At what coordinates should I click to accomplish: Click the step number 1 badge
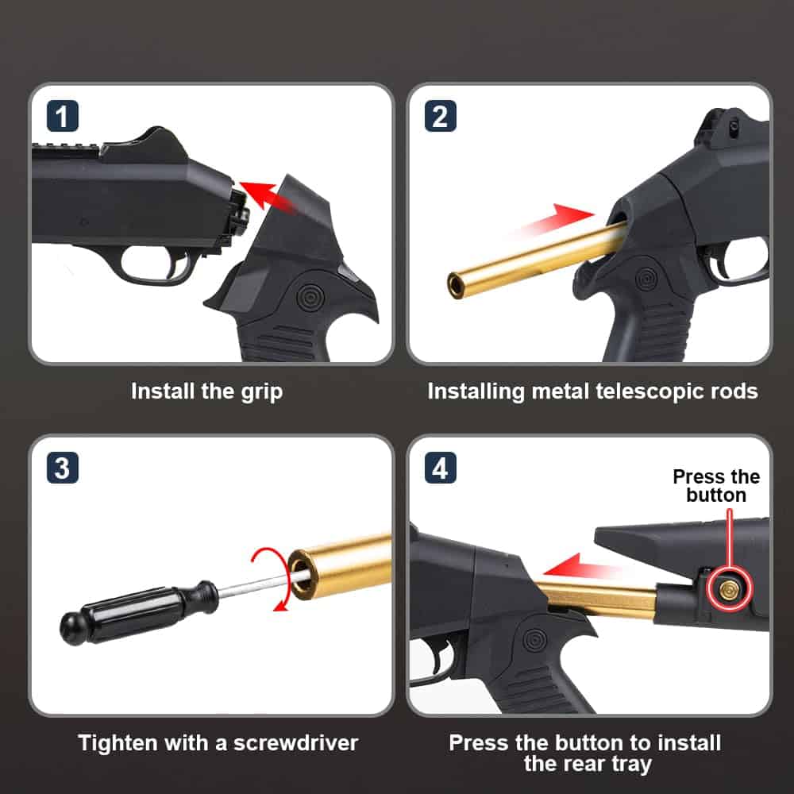[62, 117]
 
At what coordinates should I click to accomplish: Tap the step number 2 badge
[440, 117]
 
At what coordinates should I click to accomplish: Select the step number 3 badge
[62, 468]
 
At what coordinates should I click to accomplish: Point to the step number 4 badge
[440, 468]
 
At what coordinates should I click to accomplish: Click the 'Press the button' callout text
[716, 486]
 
